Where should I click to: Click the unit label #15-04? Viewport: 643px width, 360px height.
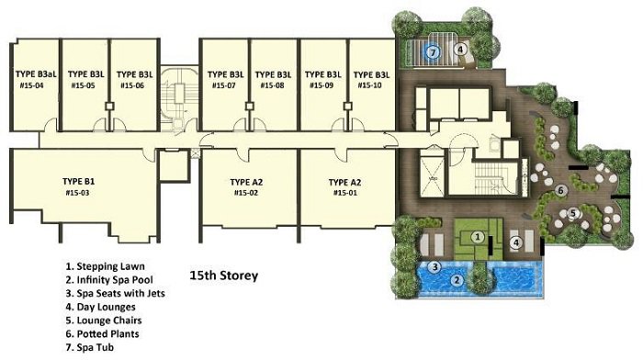(x=31, y=85)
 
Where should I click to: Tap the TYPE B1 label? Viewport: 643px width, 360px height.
(x=79, y=181)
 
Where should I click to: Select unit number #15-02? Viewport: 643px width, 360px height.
(x=246, y=193)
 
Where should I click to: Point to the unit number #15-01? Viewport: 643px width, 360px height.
(x=345, y=193)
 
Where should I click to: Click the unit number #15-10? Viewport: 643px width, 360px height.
(x=369, y=85)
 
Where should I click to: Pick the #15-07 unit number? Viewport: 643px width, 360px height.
(x=224, y=85)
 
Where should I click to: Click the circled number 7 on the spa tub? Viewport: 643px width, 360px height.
(x=433, y=51)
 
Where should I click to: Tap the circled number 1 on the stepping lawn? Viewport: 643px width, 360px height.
(x=477, y=237)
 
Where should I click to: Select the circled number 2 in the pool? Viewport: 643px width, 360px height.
(x=457, y=280)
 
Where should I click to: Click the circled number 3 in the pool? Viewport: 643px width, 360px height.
(x=434, y=267)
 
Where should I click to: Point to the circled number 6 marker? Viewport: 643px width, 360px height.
(x=561, y=190)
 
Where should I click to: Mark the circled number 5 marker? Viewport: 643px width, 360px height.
(x=573, y=213)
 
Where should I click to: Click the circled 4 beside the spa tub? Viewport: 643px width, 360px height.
(x=460, y=50)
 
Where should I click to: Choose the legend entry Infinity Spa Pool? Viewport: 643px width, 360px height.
(x=109, y=280)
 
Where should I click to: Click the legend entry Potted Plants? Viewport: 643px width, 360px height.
(x=102, y=334)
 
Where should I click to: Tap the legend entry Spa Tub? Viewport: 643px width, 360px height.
(x=89, y=348)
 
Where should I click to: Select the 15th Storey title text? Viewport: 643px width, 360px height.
(x=224, y=276)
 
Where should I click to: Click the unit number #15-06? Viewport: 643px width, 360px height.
(x=132, y=85)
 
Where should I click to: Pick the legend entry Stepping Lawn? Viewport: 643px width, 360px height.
(x=105, y=266)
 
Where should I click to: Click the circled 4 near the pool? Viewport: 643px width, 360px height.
(x=516, y=242)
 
